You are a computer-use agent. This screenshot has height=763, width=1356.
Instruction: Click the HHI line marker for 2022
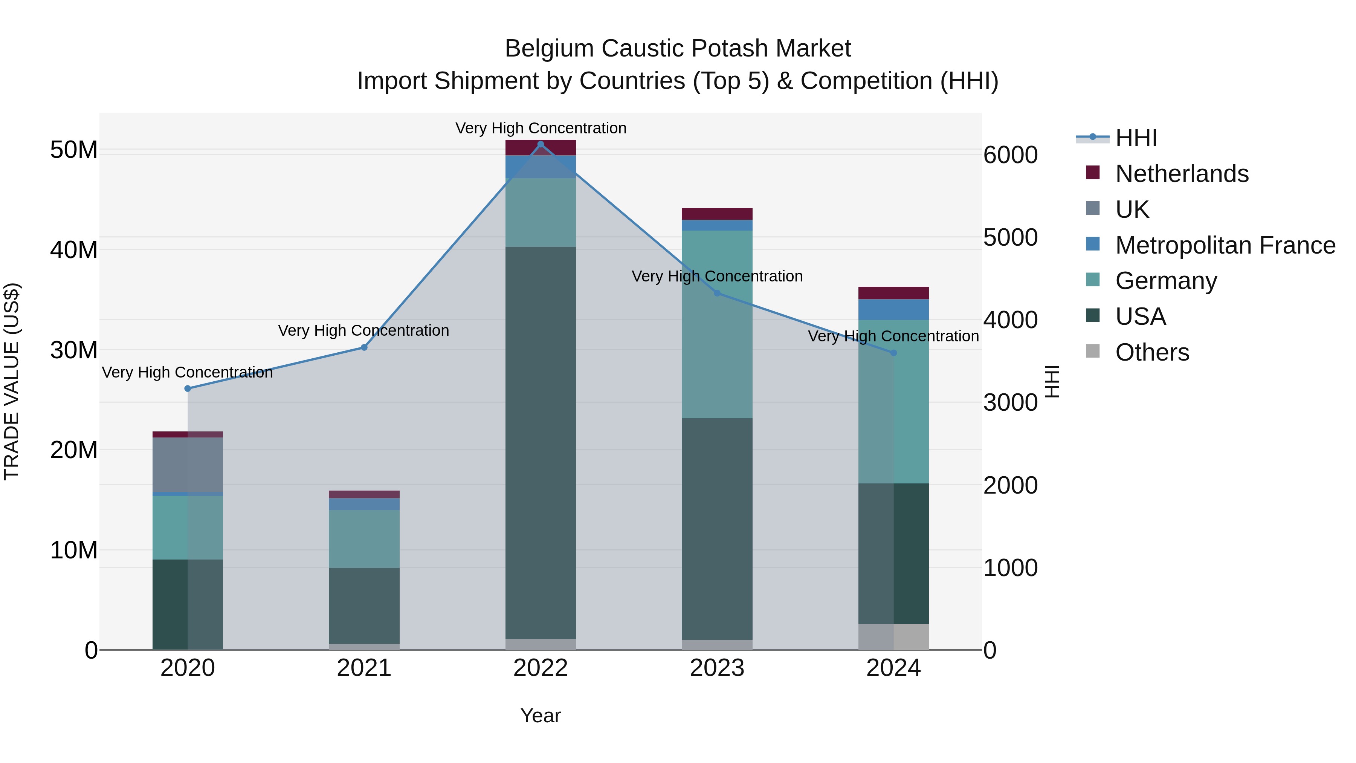point(541,144)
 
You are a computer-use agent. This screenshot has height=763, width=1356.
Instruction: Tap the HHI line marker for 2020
point(188,388)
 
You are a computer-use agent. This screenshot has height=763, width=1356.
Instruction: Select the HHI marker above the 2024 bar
point(893,353)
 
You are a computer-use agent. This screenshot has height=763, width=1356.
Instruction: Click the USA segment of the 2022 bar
point(541,442)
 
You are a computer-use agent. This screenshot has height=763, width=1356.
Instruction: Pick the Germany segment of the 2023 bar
point(717,324)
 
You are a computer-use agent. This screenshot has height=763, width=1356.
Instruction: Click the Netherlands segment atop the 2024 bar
point(893,293)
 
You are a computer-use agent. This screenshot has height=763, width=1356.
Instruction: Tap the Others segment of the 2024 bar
point(893,637)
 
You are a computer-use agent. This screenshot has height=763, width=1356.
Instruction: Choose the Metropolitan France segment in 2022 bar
point(541,167)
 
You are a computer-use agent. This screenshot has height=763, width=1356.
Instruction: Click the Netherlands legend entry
point(1181,174)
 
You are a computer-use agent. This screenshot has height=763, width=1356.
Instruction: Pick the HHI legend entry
point(1136,138)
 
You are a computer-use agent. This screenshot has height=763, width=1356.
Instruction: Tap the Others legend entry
point(1152,352)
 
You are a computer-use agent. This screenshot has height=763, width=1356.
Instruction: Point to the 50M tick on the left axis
point(74,150)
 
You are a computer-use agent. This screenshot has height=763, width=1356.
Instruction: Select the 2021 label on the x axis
point(364,668)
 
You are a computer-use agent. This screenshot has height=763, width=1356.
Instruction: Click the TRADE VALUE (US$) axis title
point(12,381)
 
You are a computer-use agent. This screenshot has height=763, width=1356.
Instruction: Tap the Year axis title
point(541,716)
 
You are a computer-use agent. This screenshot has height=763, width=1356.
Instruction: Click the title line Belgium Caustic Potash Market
point(678,49)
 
